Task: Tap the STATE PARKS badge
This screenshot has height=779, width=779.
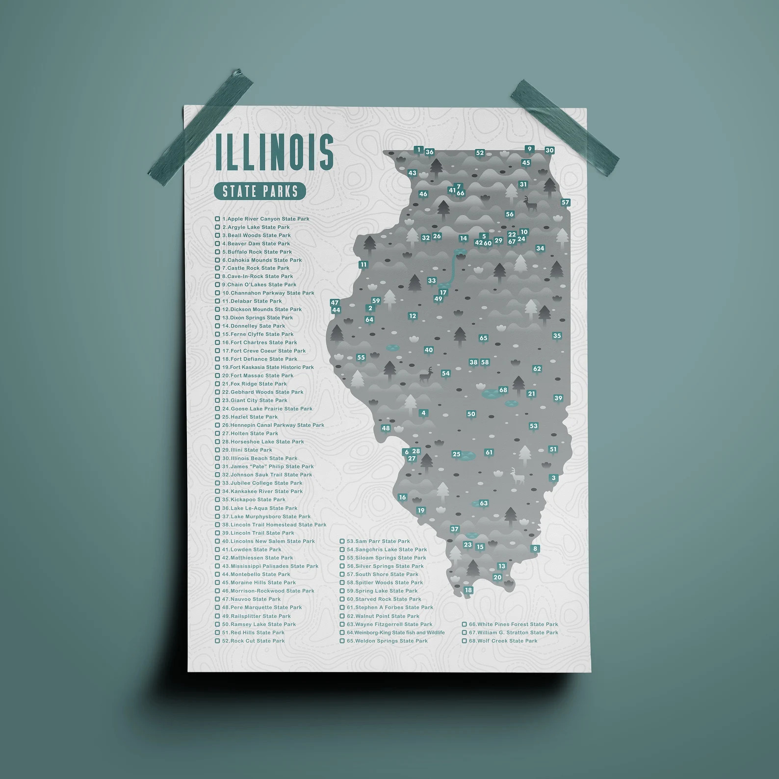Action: click(x=260, y=191)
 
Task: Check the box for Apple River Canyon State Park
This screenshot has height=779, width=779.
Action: click(x=217, y=219)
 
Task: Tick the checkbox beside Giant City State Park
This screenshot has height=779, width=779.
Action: click(x=217, y=400)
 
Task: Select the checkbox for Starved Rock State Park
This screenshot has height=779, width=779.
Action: click(x=342, y=599)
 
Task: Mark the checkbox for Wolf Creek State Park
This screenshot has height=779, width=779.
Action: click(x=465, y=641)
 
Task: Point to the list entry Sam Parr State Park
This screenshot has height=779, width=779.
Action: click(x=378, y=541)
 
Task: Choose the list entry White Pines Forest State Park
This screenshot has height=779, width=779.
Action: click(x=513, y=624)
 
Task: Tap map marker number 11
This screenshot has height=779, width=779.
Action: click(x=363, y=265)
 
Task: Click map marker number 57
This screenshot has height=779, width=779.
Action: click(x=565, y=203)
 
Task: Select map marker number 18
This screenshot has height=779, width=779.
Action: click(x=468, y=590)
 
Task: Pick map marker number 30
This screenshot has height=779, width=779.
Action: click(x=549, y=151)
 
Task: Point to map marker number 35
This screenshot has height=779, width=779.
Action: click(x=557, y=336)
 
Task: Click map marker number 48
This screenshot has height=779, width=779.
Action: click(x=386, y=428)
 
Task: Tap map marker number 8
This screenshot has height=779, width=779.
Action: click(x=535, y=549)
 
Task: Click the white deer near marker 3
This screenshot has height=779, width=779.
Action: click(x=516, y=476)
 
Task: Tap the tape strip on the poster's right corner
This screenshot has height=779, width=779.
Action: click(x=564, y=127)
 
